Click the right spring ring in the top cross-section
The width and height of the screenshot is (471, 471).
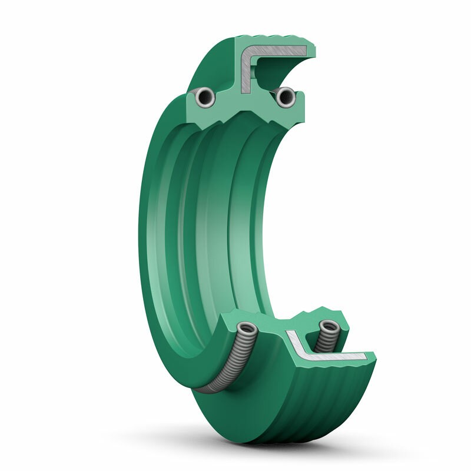pyautogui.click(x=286, y=97)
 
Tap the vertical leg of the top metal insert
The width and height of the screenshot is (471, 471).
pyautogui.click(x=246, y=74)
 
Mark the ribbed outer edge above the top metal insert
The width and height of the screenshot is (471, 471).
pyautogui.click(x=277, y=41)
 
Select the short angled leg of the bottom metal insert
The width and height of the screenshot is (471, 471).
pyautogui.click(x=294, y=340)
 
